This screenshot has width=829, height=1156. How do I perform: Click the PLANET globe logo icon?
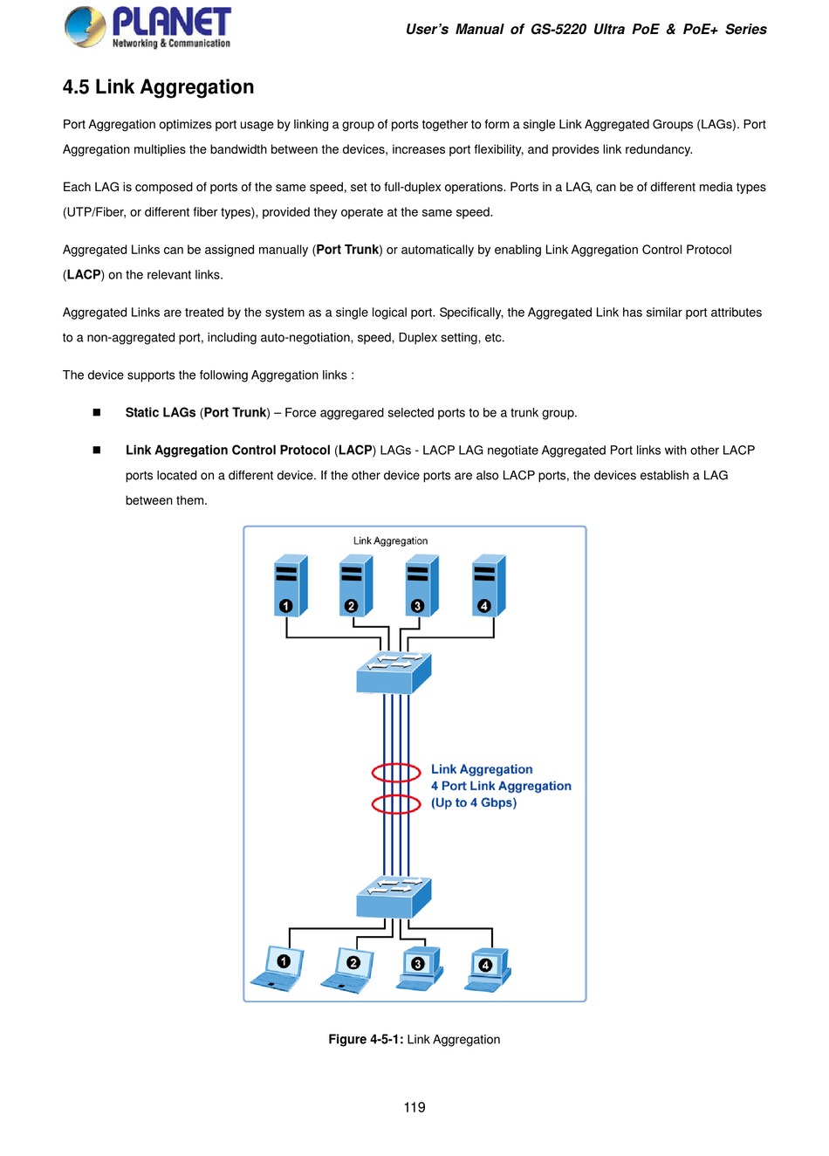click(x=86, y=27)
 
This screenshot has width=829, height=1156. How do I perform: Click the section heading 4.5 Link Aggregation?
click(x=158, y=86)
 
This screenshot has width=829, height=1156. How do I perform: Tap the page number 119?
click(x=414, y=1107)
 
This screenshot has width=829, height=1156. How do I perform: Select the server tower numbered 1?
click(x=291, y=585)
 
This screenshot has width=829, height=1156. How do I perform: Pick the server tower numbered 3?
click(x=422, y=585)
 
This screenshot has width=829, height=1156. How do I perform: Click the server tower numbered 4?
click(x=489, y=585)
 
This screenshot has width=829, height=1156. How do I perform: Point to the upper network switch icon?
click(x=394, y=673)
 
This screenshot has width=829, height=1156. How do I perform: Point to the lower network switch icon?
click(x=394, y=897)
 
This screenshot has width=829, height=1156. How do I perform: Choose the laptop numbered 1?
click(x=277, y=968)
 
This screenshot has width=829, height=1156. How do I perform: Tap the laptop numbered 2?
click(x=346, y=970)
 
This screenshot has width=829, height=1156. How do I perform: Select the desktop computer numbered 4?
click(x=488, y=970)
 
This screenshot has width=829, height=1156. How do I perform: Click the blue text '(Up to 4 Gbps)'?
click(x=474, y=803)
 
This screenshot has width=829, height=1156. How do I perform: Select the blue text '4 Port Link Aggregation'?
click(x=501, y=786)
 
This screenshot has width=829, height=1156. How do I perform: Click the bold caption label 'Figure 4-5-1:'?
click(x=366, y=1039)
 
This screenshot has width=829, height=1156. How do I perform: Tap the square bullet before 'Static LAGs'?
click(x=97, y=412)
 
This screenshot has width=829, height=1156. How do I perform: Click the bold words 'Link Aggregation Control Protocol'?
click(x=228, y=450)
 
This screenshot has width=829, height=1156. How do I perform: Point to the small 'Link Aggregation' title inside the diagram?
click(x=391, y=540)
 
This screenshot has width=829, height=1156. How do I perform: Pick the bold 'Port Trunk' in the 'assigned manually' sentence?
click(x=347, y=250)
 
